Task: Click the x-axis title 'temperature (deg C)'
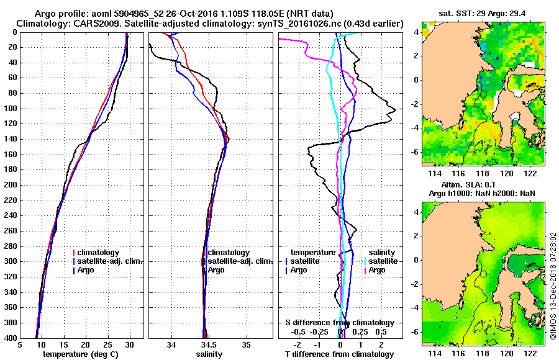tap(82, 354)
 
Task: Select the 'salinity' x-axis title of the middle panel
tap(209, 354)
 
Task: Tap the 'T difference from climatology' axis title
tap(339, 354)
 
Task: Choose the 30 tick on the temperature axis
tap(130, 344)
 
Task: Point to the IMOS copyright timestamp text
tap(553, 286)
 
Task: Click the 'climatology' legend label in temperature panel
tap(99, 252)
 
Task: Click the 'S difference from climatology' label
tap(339, 323)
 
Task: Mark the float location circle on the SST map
tap(483, 94)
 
